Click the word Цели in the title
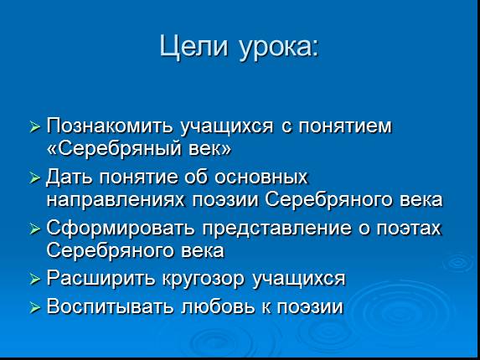[194, 47]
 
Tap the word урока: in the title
[279, 49]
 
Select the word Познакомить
[111, 126]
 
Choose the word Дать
[69, 177]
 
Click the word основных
[261, 177]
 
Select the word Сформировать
[121, 229]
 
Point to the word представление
[276, 229]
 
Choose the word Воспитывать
[110, 306]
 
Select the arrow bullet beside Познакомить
[35, 126]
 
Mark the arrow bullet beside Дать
[35, 178]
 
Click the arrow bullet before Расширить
[35, 280]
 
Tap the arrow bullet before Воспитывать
[35, 307]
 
